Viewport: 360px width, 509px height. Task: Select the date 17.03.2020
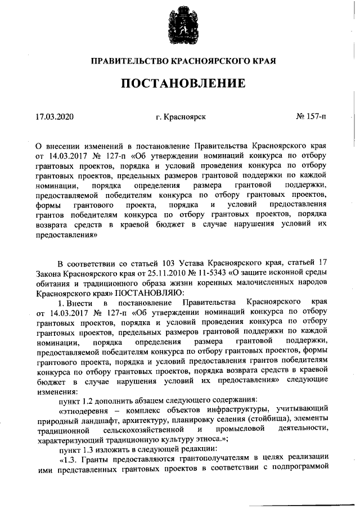tap(55, 117)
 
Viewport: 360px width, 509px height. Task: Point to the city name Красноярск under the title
tap(186, 117)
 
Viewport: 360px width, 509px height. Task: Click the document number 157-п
tap(316, 117)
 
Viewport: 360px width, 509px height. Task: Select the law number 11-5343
tap(207, 273)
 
